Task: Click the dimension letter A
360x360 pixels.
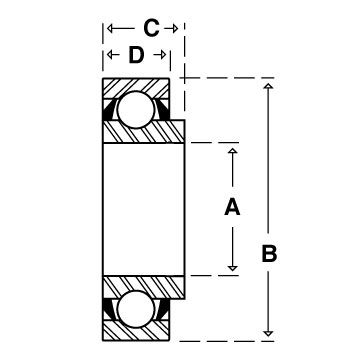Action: tap(232, 207)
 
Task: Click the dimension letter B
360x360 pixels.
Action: tap(269, 254)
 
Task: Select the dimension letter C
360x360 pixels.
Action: tap(151, 28)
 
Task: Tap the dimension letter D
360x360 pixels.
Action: tap(136, 55)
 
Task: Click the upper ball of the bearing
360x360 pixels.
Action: tap(136, 109)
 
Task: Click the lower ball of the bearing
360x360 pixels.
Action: tap(136, 309)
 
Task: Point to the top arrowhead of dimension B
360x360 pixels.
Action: tap(268, 86)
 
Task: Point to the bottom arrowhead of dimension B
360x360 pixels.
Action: tap(268, 333)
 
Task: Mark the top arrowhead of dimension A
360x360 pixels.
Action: tap(232, 151)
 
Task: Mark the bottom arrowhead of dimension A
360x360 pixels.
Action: tap(232, 268)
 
